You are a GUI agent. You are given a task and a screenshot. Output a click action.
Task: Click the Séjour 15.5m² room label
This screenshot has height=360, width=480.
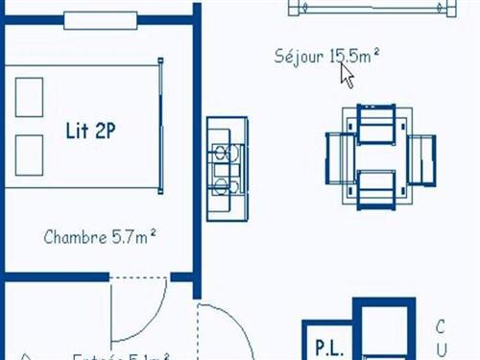(x=326, y=56)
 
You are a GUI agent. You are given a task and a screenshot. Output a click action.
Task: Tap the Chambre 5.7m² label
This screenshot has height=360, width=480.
(x=101, y=235)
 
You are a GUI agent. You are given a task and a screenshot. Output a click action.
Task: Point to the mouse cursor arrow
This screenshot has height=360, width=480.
(x=347, y=75)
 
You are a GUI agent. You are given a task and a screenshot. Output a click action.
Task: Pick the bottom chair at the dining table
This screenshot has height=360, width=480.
(x=376, y=187)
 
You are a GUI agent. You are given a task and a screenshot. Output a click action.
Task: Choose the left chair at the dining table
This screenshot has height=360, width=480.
(x=342, y=154)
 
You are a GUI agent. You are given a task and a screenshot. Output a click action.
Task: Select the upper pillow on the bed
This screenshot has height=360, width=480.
(x=30, y=94)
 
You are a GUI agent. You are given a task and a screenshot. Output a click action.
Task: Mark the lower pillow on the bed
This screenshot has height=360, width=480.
(x=30, y=156)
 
